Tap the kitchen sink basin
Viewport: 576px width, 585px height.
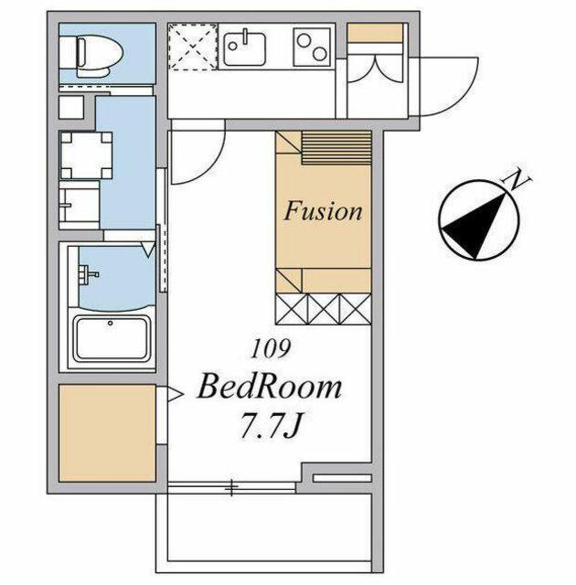[245, 48]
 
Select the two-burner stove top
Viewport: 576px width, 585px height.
[312, 48]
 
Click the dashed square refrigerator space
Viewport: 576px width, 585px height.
[193, 47]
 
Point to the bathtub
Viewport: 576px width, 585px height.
[112, 338]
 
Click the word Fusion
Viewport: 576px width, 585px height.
[323, 211]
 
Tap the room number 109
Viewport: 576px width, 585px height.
[271, 349]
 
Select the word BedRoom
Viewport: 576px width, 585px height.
[270, 388]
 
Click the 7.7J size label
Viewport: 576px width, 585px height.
[272, 425]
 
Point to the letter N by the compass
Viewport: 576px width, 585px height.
[517, 180]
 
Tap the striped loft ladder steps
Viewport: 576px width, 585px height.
[336, 147]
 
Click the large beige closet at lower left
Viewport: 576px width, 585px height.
[108, 432]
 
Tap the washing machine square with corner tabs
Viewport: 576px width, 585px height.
[86, 155]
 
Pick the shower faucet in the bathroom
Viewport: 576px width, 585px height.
[88, 275]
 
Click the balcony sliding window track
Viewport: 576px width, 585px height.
[231, 487]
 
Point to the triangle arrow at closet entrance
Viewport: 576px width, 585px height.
[175, 394]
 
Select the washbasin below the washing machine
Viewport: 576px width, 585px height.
[80, 205]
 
